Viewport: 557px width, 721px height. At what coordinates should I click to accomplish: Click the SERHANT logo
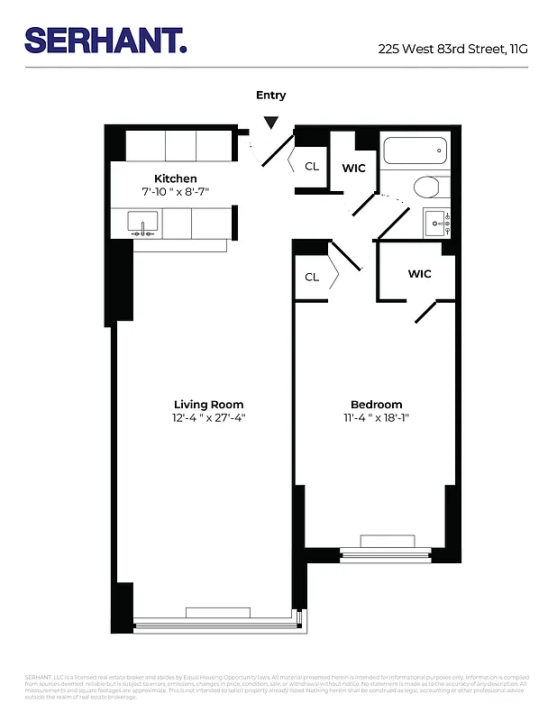[105, 40]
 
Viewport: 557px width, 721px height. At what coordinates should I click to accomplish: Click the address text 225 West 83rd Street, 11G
[452, 50]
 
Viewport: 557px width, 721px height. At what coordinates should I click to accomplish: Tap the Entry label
[270, 96]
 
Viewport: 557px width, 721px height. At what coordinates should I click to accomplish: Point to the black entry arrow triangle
[270, 123]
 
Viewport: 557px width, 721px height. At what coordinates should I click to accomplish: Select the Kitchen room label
[175, 178]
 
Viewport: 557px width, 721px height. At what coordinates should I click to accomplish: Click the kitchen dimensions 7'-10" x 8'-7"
[175, 192]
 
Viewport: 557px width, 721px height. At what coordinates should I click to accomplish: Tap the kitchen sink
[142, 223]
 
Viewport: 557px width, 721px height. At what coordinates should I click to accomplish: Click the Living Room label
[208, 405]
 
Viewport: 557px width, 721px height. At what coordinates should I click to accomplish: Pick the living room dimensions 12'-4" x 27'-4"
[208, 418]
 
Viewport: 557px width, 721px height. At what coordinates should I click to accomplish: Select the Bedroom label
[376, 405]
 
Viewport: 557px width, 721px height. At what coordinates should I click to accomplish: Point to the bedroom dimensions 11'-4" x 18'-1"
[376, 418]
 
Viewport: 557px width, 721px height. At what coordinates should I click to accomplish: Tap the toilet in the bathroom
[426, 187]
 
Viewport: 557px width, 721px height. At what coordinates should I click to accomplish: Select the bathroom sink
[436, 221]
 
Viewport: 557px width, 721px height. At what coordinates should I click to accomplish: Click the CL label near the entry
[312, 166]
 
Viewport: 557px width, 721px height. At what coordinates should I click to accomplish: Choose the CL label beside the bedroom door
[312, 277]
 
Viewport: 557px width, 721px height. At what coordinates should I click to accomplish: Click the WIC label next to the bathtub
[353, 167]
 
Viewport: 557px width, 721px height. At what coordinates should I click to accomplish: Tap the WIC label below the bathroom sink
[419, 274]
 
